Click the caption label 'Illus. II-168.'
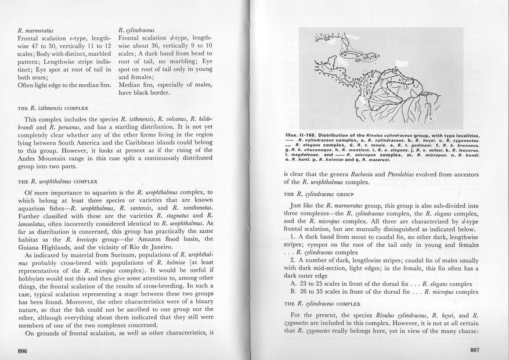(304, 135)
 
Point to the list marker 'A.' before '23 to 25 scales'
(294, 283)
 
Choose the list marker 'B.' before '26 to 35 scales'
(294, 293)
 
